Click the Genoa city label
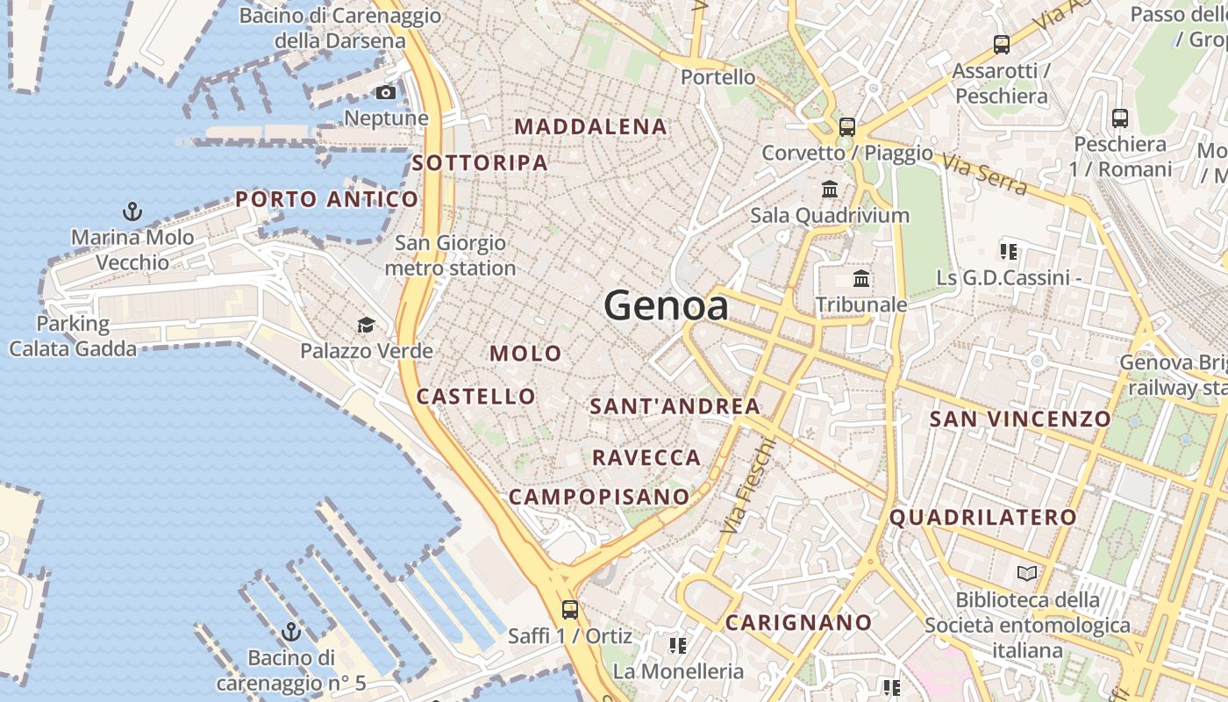(666, 305)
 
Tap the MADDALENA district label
(590, 126)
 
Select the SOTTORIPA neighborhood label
(480, 162)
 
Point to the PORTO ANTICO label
(326, 199)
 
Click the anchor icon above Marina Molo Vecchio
(132, 211)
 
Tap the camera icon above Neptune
(385, 92)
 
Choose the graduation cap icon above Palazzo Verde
(366, 326)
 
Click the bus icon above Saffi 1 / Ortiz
(570, 609)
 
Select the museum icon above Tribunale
(861, 279)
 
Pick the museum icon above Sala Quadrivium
(830, 189)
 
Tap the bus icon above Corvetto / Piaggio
(846, 126)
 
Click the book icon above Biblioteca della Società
(1026, 574)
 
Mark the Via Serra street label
(985, 175)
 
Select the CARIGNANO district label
(799, 623)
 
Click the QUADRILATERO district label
(982, 518)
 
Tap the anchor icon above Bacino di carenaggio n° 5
(290, 632)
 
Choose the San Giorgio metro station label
(450, 255)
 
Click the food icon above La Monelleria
(677, 646)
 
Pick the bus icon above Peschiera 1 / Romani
(1119, 118)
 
